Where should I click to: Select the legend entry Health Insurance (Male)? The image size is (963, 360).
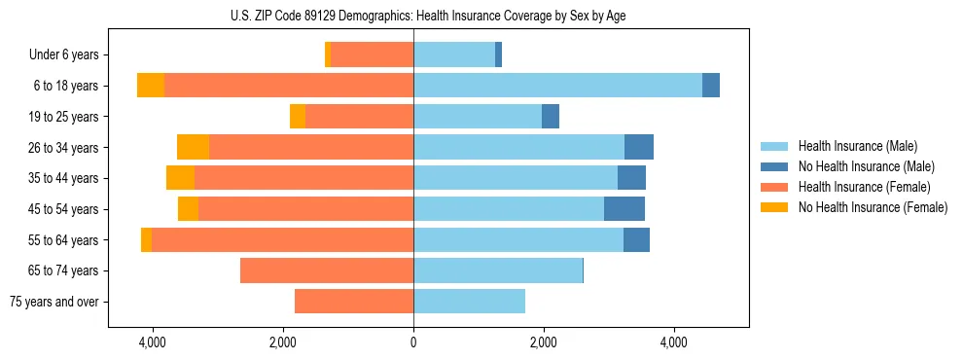[856, 146]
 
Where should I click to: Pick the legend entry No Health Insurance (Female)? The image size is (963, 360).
[873, 207]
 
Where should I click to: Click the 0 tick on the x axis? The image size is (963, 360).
[413, 342]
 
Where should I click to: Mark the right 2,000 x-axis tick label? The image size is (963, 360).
[544, 342]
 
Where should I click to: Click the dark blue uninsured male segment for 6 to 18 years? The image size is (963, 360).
[711, 86]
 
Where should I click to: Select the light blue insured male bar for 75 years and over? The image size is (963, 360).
[469, 302]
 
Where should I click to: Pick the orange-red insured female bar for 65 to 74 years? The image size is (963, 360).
[327, 270]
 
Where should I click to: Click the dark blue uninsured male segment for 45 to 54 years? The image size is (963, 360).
[624, 209]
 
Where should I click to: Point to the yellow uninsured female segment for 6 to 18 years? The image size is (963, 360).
[151, 86]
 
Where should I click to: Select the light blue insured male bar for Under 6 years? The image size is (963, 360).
[454, 54]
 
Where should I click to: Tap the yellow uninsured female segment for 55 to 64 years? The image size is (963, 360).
[146, 239]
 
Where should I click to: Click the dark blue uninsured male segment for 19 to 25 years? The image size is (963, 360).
[551, 117]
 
